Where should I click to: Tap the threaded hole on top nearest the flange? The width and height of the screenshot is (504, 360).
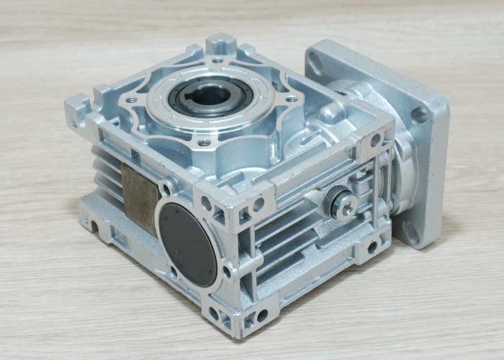tap(292, 99)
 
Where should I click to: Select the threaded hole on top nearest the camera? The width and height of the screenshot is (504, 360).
tap(204, 143)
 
